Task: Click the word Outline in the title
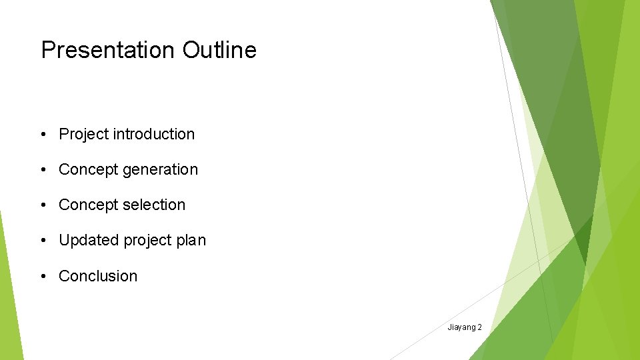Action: (x=219, y=50)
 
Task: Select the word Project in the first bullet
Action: (x=83, y=134)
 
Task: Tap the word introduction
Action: (x=153, y=134)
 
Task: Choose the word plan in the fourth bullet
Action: (x=191, y=241)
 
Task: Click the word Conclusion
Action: (x=98, y=276)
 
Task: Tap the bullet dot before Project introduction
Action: (x=43, y=135)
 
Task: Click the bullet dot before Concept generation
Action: (x=43, y=170)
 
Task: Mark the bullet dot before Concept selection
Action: (x=43, y=205)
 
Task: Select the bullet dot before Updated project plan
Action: (x=43, y=241)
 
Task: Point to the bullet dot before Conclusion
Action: (x=43, y=276)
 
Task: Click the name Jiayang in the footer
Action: (x=461, y=327)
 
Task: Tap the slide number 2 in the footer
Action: (x=479, y=327)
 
